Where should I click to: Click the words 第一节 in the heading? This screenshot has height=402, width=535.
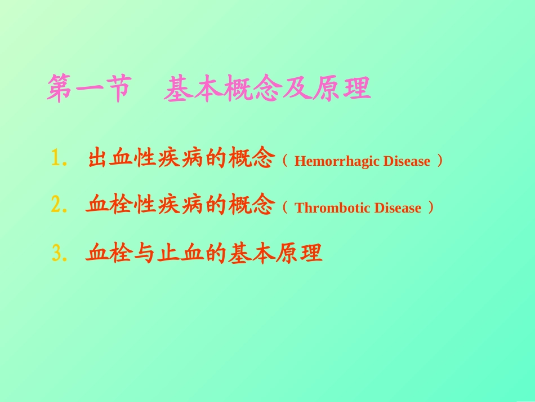point(88,90)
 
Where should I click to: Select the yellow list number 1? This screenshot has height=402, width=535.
point(57,159)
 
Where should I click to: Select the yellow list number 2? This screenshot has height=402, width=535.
point(57,206)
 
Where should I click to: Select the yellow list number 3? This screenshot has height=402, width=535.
point(57,254)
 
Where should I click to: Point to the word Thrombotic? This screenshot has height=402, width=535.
point(331,209)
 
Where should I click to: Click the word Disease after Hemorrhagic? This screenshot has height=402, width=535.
point(407,162)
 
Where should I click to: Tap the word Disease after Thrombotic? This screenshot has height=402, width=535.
point(398,209)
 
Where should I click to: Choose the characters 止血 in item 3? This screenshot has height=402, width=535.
point(181,254)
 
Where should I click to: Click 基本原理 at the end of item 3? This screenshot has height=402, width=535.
point(275,254)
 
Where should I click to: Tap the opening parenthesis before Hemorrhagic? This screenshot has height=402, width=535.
point(284,161)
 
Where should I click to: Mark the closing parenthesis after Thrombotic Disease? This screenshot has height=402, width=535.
point(431,208)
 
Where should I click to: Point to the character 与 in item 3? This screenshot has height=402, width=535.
point(145,254)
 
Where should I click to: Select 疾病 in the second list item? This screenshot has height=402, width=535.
point(181,206)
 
